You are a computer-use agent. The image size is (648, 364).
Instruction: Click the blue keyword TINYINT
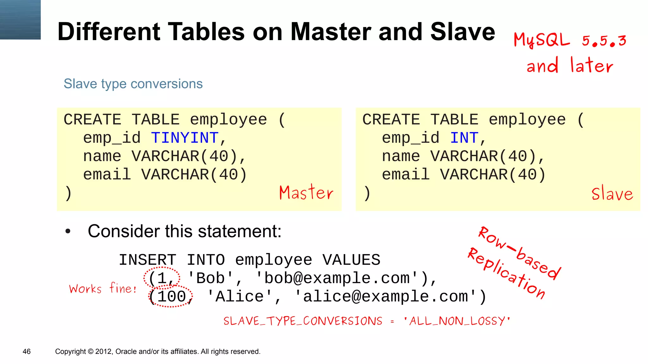pos(184,138)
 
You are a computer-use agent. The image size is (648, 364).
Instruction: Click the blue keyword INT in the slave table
pos(464,138)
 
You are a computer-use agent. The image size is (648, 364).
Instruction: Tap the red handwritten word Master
pos(306,192)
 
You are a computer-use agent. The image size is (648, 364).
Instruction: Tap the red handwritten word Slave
pos(612,193)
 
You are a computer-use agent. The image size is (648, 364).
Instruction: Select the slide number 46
pos(27,351)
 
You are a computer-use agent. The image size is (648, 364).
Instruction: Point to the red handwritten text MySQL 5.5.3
pos(570,40)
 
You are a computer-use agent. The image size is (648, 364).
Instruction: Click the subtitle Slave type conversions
pos(133,84)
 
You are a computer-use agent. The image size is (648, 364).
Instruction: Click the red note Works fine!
pos(103,288)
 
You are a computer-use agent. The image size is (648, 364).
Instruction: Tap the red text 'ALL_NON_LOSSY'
pos(457,321)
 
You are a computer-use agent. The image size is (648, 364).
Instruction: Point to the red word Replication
pos(507,273)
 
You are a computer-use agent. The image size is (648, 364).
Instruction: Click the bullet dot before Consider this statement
pos(68,231)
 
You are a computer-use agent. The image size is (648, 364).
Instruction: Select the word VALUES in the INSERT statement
pos(351,260)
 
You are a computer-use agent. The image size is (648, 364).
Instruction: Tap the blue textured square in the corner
pos(20,20)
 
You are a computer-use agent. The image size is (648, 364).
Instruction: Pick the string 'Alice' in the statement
pos(240,297)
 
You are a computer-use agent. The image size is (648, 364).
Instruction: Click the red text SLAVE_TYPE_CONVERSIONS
pos(303,321)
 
